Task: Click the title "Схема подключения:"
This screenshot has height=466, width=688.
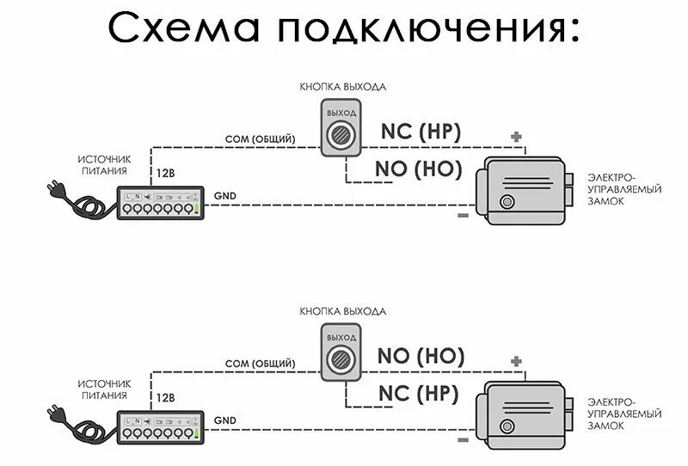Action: pos(344,28)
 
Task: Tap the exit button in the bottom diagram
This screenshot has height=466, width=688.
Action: pos(341,354)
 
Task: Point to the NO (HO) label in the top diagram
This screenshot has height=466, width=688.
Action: pos(419,169)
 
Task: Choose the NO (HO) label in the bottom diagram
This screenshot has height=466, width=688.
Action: pos(421,355)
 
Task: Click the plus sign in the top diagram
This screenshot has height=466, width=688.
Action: pos(516,137)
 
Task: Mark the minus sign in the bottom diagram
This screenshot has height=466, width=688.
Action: pos(464,438)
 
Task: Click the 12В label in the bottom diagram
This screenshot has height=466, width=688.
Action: pos(165,397)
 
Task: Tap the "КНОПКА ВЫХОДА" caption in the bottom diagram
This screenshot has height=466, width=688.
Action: pos(342,310)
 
